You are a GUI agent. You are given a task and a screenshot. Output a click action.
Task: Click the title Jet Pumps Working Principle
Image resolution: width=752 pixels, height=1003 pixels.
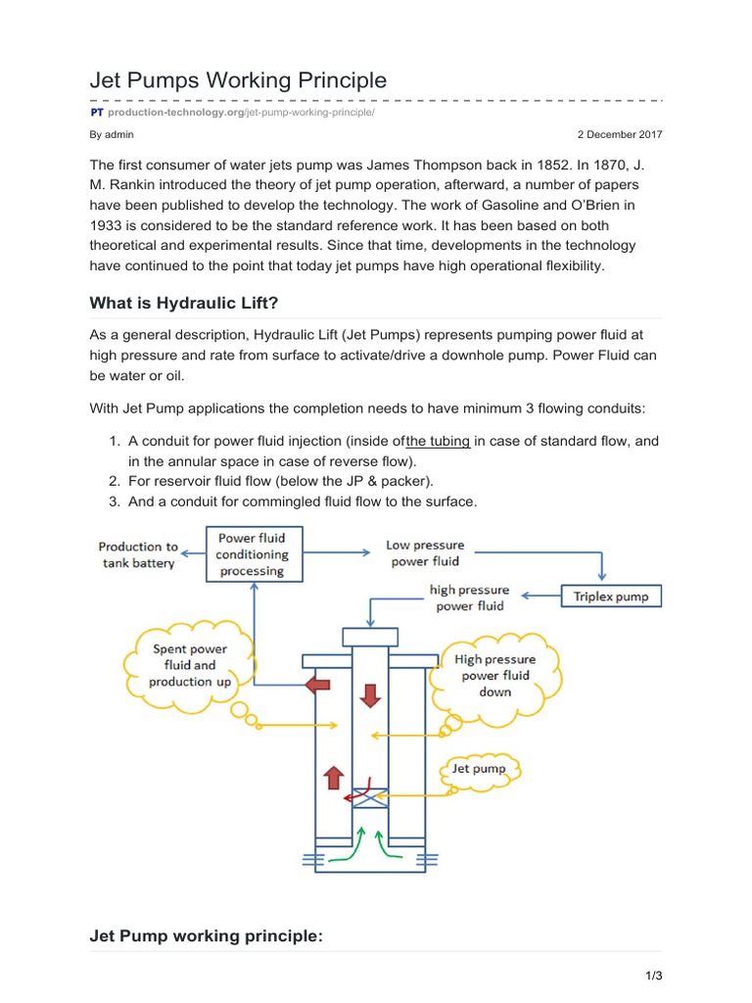[238, 79]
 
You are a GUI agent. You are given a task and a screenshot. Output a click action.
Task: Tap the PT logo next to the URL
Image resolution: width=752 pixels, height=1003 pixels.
[97, 113]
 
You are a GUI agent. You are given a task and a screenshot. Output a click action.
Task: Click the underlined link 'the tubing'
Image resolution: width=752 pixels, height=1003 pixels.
[438, 442]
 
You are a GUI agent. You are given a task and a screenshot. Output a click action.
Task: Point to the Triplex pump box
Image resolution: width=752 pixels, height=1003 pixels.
[611, 596]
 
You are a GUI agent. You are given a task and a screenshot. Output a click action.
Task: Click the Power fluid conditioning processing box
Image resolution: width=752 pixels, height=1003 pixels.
[253, 554]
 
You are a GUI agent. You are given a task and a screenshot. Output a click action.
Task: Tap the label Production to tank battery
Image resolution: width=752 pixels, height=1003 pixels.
[138, 554]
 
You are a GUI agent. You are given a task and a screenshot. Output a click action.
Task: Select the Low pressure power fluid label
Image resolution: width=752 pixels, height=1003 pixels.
[426, 553]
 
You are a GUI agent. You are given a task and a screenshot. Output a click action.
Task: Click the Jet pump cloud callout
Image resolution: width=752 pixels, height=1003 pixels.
[480, 769]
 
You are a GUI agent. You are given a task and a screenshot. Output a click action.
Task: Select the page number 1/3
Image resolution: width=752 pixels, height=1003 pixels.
[654, 977]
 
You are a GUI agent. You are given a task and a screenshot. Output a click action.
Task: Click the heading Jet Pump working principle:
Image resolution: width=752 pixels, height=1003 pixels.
[206, 936]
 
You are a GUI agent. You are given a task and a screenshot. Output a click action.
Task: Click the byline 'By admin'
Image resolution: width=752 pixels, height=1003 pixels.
[112, 134]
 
